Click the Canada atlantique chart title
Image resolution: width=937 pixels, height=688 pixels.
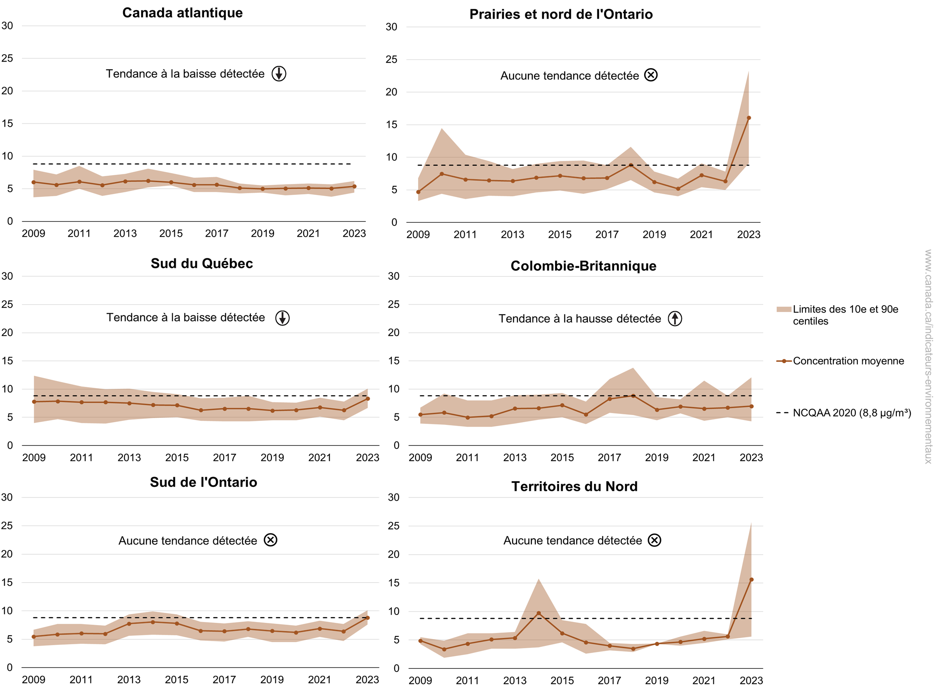(x=182, y=13)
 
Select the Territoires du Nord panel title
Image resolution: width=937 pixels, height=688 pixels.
(x=574, y=486)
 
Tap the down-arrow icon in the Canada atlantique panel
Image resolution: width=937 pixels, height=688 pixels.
(x=279, y=74)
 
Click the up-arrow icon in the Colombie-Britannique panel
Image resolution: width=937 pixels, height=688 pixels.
(x=675, y=318)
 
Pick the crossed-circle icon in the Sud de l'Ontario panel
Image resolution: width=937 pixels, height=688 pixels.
(x=271, y=540)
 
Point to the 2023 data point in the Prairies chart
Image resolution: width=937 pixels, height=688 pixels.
(x=749, y=118)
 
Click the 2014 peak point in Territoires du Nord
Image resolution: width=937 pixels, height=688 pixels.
(x=538, y=613)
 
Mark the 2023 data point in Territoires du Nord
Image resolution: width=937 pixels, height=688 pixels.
(x=751, y=580)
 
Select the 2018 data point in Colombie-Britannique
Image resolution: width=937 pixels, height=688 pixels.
(x=633, y=396)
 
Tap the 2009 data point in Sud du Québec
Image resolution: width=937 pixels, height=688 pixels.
(x=34, y=402)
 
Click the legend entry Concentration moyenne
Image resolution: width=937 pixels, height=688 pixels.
(x=848, y=361)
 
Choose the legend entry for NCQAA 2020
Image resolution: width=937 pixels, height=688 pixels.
(x=851, y=413)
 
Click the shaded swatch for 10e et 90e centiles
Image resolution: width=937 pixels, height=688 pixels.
(x=784, y=309)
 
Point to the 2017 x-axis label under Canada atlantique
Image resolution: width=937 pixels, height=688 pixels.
(x=217, y=233)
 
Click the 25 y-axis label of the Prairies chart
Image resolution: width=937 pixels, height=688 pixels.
(x=392, y=59)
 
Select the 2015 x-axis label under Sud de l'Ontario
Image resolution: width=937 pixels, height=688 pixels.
(x=177, y=679)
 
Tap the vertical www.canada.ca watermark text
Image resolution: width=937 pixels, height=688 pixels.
(x=928, y=356)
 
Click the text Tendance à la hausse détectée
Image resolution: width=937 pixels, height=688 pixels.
(x=580, y=319)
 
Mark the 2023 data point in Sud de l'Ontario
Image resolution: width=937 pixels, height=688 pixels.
(x=368, y=618)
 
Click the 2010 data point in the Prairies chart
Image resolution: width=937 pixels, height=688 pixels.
(x=442, y=174)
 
